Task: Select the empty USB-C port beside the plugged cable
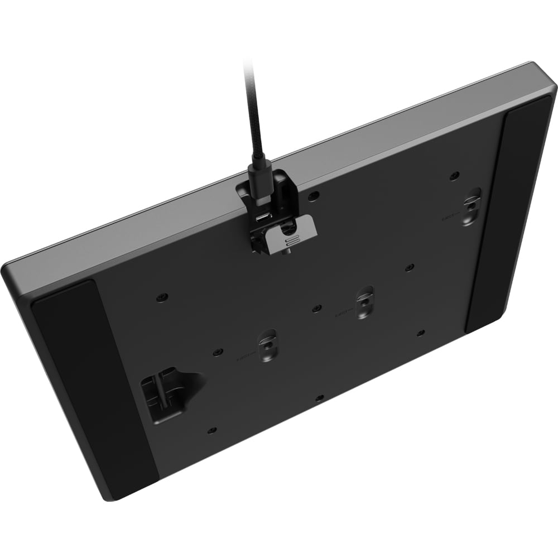tap(263, 217)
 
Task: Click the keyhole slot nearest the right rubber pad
tap(472, 206)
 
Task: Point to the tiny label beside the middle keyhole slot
tap(342, 313)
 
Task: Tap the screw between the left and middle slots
tap(317, 308)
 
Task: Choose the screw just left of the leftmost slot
tap(217, 352)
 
